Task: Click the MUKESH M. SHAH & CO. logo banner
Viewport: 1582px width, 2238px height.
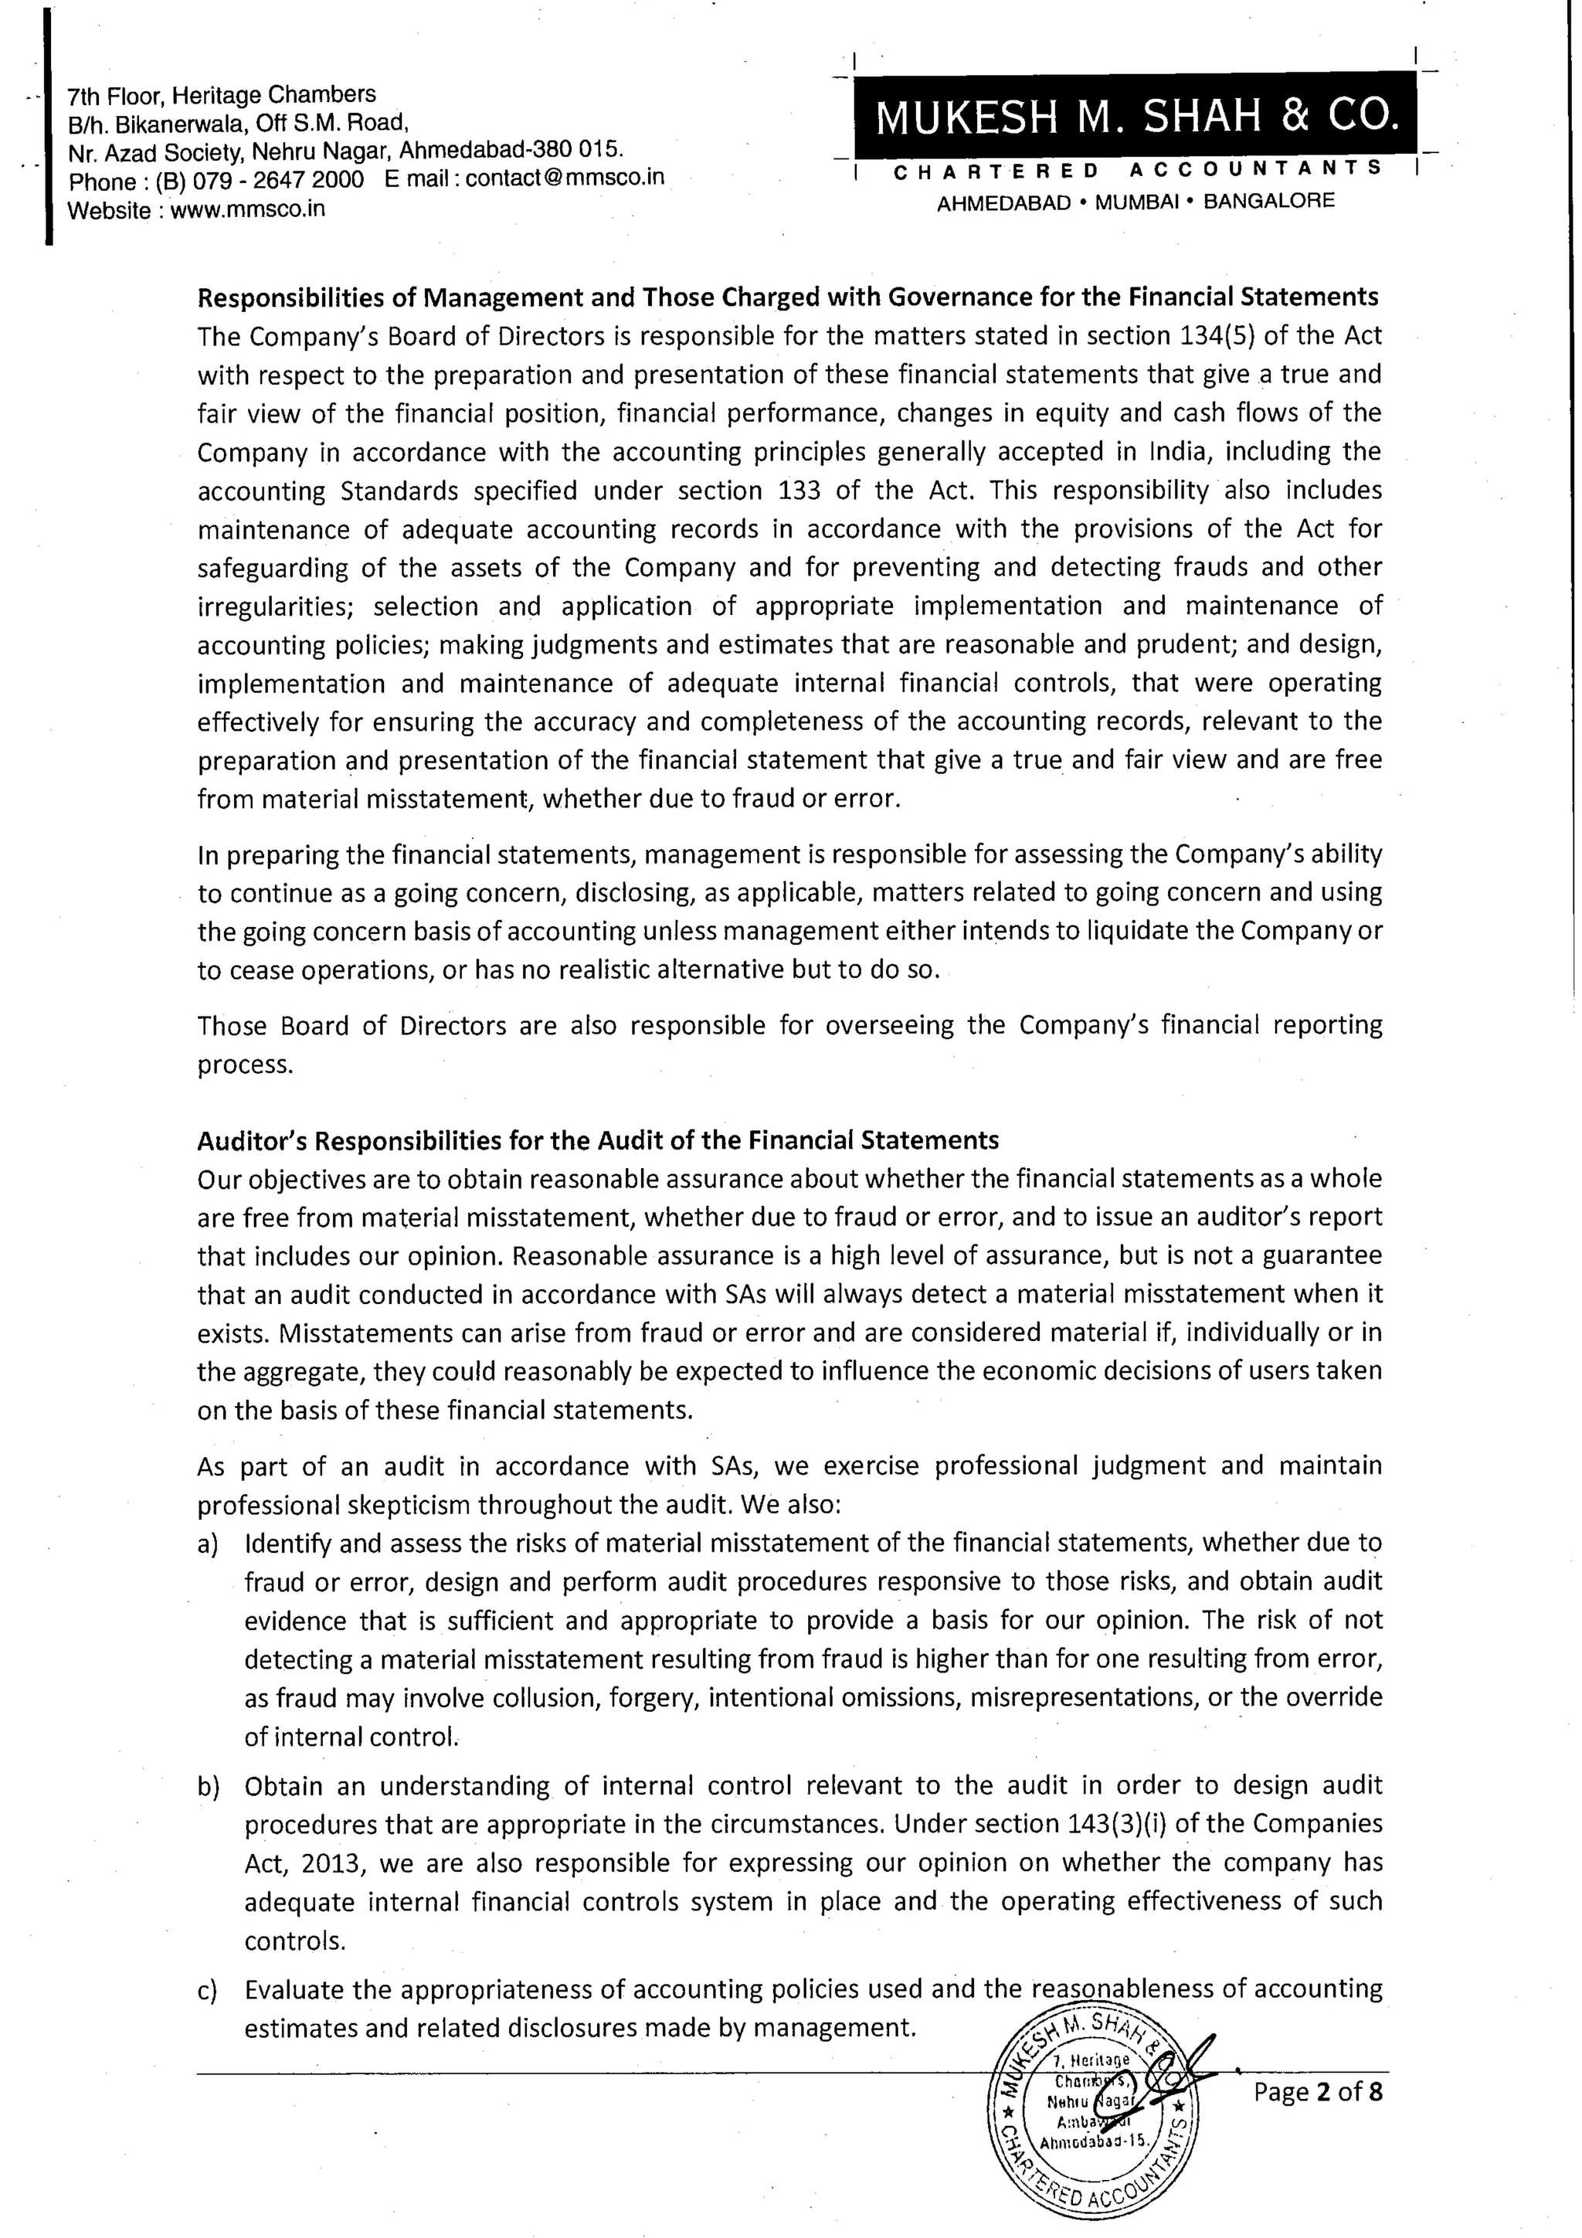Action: click(1136, 118)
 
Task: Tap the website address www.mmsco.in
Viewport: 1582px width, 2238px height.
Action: click(248, 209)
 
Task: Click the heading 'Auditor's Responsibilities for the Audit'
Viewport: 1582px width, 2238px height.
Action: click(598, 1139)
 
